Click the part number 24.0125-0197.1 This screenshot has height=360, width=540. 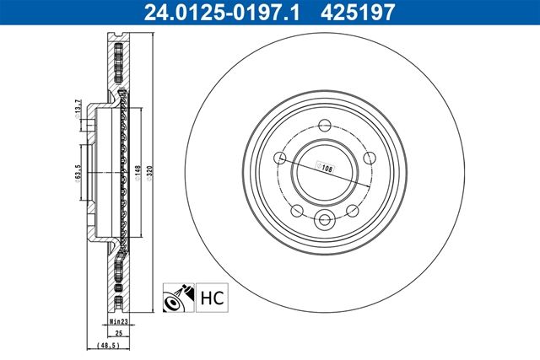[x=222, y=12]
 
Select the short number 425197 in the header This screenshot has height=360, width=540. [x=358, y=12]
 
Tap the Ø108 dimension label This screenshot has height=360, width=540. [x=326, y=168]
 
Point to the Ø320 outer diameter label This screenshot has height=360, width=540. [x=149, y=173]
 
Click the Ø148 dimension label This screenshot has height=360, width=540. [x=138, y=173]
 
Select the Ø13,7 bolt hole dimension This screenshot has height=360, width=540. [x=78, y=109]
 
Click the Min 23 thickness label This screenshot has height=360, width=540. [x=119, y=321]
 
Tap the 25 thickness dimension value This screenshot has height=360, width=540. [x=119, y=333]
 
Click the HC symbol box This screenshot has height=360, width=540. [x=212, y=298]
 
